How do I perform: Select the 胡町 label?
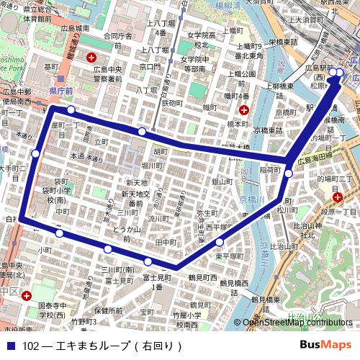pos(160,152)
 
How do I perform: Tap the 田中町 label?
pos(166,243)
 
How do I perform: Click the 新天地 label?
pos(135,183)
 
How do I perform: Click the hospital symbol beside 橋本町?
pos(244,110)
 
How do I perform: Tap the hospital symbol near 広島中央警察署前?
pos(91,57)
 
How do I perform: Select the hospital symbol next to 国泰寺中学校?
pos(27,296)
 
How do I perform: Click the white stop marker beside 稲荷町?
pos(288,174)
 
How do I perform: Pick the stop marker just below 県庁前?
pos(71,109)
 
